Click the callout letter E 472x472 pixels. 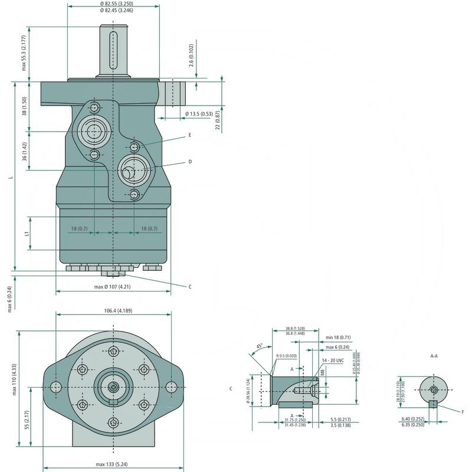coord(190,135)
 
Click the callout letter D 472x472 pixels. coord(190,161)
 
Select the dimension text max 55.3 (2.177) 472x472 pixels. coord(24,53)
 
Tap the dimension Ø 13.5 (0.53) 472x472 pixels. coord(199,113)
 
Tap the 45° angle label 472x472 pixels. coord(259,346)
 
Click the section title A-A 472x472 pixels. coord(434,356)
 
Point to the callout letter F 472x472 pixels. coord(462,411)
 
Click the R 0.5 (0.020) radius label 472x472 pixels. coord(286,356)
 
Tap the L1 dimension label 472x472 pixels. coord(27,234)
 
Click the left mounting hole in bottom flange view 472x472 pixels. coord(56,386)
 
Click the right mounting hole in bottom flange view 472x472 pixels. coord(171,386)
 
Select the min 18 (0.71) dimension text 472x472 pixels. coord(338,338)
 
